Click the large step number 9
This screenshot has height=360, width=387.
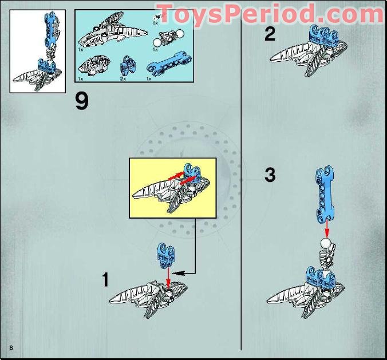(x=82, y=102)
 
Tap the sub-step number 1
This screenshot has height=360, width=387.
(x=105, y=280)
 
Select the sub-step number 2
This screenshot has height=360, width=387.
(x=270, y=35)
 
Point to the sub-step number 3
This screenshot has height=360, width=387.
(x=270, y=175)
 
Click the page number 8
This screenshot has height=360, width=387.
(x=10, y=349)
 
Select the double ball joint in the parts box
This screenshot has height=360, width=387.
(x=167, y=39)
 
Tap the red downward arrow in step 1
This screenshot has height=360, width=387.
(x=167, y=276)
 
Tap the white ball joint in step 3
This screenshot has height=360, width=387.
(x=326, y=244)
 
